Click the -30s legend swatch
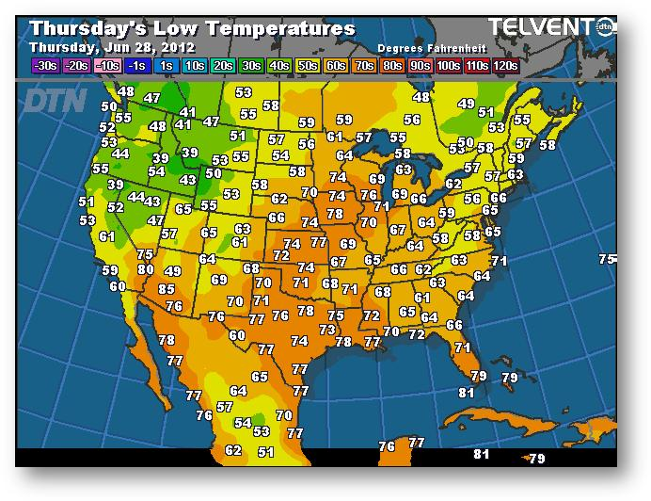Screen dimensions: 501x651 45,66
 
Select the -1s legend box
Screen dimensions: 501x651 137,66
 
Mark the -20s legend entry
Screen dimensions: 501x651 76,66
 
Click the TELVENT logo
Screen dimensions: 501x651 538,27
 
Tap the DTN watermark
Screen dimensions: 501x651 55,100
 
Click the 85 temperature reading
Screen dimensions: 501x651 167,289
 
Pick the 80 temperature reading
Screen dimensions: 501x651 146,269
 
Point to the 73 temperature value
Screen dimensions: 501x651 326,330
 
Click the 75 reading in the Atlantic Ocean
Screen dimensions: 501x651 608,259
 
